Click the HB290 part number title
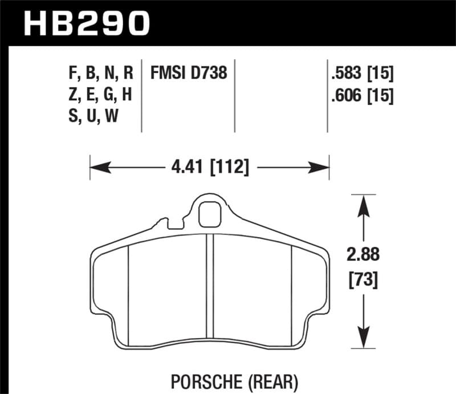(x=85, y=23)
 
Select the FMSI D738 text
(x=189, y=73)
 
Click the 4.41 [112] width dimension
(x=209, y=168)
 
